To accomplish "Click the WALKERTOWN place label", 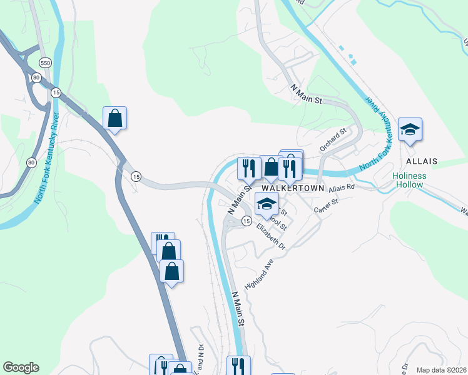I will [x=293, y=187].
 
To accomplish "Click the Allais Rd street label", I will [x=342, y=187].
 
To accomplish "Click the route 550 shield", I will [x=44, y=63].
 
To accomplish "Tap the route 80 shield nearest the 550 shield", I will [x=37, y=77].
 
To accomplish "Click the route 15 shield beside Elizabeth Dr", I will [x=247, y=221].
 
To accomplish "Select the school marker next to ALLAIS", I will [x=410, y=129].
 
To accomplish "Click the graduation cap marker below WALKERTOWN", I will [x=267, y=204].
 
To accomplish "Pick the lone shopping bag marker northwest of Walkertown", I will [x=114, y=117].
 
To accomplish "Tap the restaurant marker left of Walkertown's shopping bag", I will [x=248, y=167].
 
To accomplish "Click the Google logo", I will [x=21, y=367].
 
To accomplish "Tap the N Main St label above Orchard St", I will [x=307, y=94].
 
